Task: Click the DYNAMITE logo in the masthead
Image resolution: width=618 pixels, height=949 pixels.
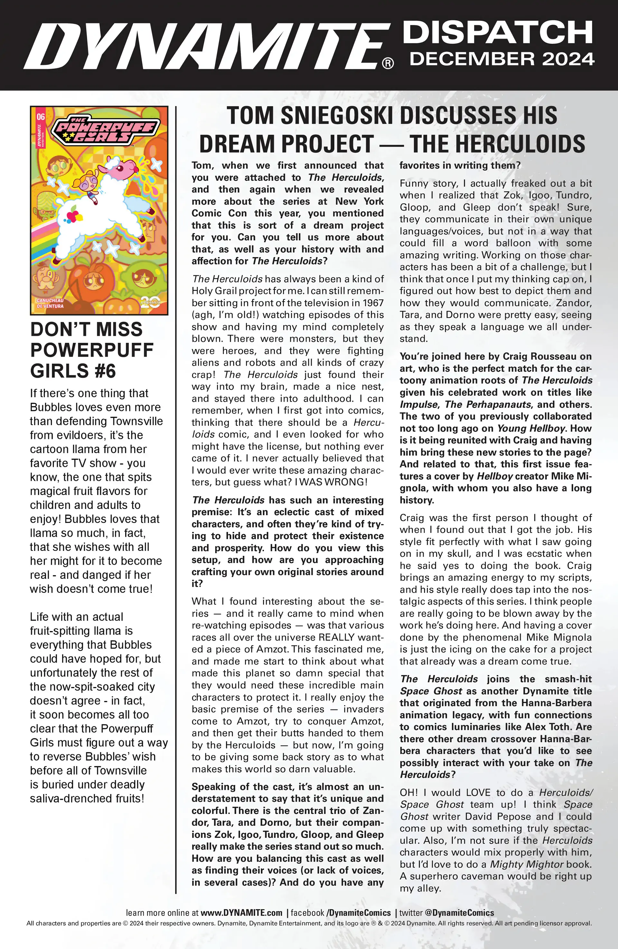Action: click(206, 45)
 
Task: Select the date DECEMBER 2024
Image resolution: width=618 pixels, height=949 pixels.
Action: click(502, 59)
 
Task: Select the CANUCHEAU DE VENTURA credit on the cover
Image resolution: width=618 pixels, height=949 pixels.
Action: click(50, 303)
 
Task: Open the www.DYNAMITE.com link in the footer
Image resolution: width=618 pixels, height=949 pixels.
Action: click(241, 913)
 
